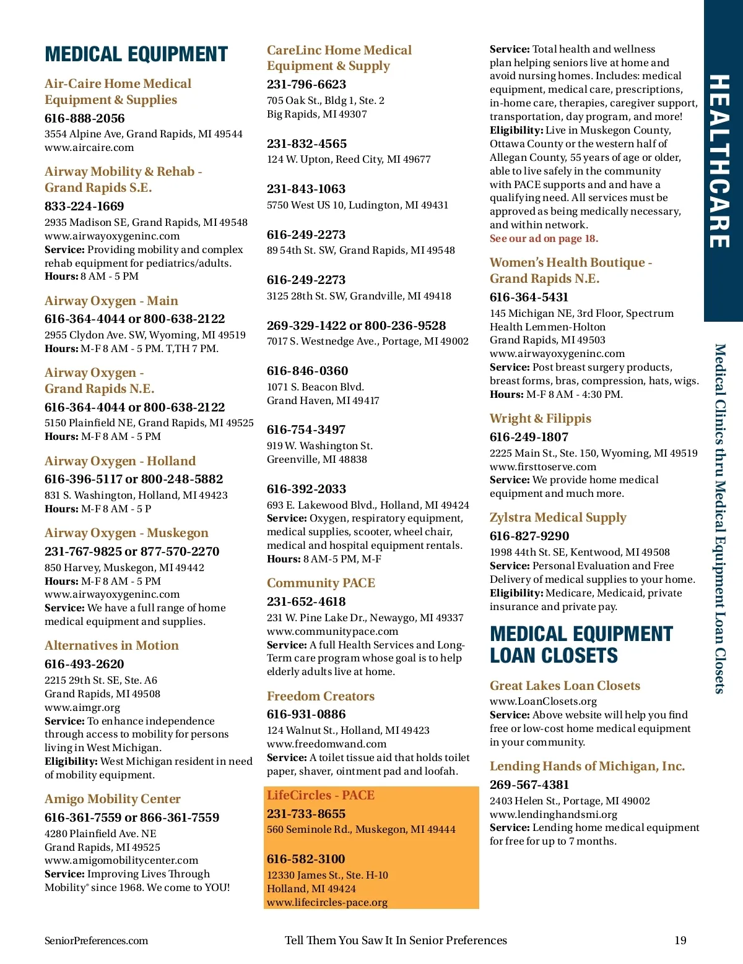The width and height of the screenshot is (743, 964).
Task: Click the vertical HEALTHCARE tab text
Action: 719,161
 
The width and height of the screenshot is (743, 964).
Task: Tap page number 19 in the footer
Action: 680,940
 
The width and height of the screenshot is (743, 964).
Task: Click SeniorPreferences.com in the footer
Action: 96,940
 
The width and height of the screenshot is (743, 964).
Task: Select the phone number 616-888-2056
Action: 84,118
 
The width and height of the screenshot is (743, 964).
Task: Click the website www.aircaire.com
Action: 89,147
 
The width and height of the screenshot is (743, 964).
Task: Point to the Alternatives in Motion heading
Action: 111,645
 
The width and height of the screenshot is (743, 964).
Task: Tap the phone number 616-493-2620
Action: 84,664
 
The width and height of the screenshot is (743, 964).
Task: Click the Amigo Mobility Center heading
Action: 113,799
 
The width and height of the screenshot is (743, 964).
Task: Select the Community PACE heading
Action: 321,583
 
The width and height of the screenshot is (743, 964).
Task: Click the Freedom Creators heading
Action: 321,696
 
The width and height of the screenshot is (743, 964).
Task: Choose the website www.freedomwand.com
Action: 326,744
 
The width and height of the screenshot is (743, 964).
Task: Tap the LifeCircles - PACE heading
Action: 321,795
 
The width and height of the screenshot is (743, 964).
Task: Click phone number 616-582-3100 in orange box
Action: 306,859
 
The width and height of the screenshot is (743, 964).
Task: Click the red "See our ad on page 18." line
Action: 544,238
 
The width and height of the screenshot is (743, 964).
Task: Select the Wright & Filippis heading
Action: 541,418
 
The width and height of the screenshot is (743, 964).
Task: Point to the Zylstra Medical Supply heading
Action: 558,517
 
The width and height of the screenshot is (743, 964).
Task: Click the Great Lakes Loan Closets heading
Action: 565,686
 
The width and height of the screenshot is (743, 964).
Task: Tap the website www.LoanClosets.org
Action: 543,701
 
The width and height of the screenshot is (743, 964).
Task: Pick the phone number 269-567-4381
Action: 529,785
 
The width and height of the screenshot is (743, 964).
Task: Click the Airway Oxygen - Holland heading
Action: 120,461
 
